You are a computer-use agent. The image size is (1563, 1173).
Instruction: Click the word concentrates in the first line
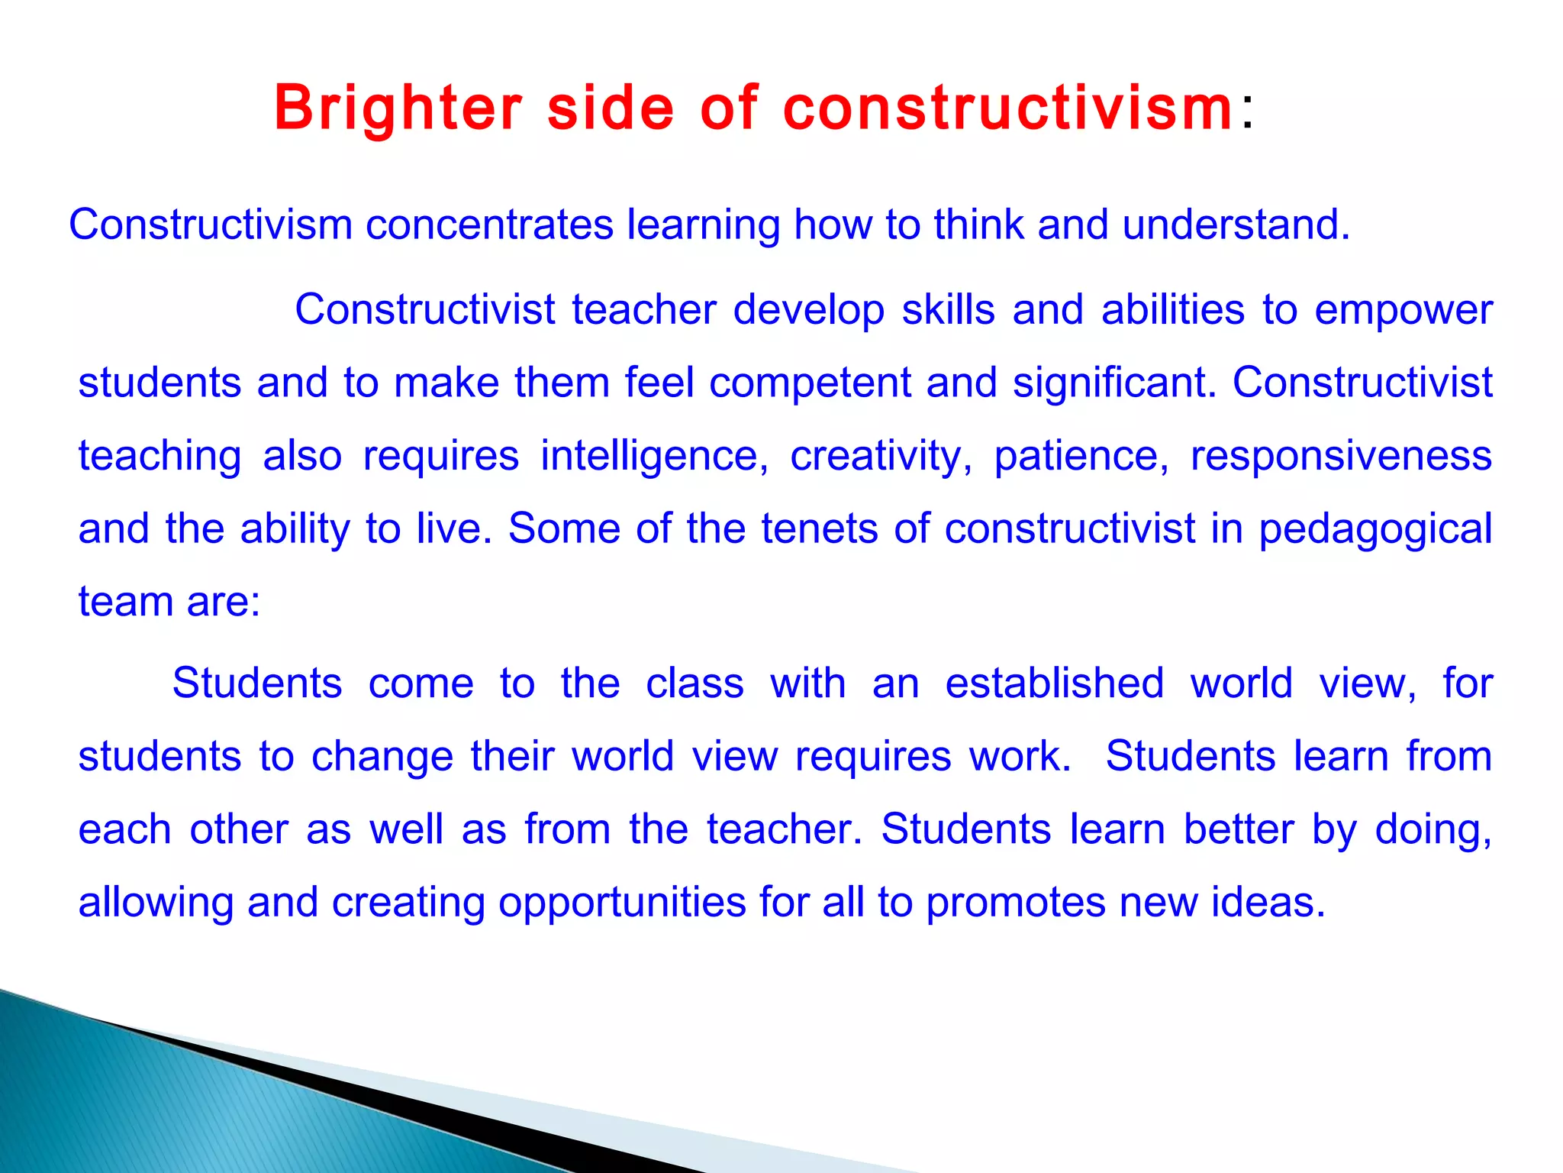point(489,225)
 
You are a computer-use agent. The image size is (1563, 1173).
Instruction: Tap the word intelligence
point(654,456)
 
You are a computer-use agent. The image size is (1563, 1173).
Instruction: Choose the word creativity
point(881,456)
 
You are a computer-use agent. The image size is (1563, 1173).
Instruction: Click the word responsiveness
point(1341,456)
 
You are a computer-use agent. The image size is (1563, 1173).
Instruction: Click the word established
point(1054,683)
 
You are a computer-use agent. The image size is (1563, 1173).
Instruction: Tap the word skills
point(949,311)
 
